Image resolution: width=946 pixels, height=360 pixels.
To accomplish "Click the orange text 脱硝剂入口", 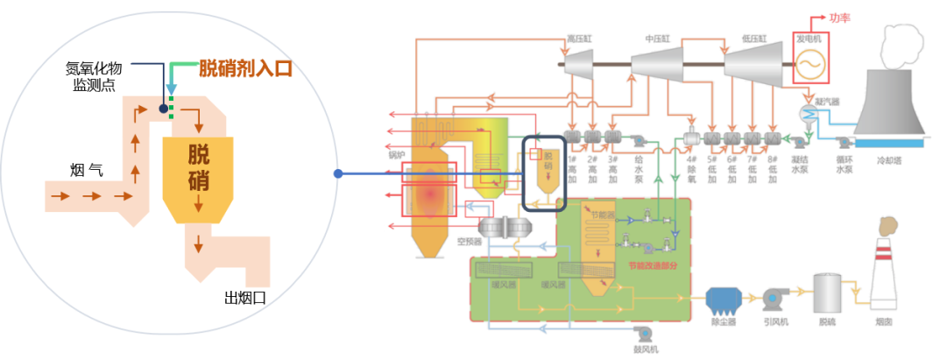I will point(244,67).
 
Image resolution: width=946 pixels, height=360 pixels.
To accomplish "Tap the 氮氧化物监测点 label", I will point(101,75).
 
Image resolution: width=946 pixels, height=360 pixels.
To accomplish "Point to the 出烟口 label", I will point(245,299).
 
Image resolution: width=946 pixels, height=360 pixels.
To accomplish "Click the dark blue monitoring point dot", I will point(163,109).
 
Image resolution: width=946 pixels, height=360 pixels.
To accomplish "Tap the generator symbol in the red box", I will point(810,61).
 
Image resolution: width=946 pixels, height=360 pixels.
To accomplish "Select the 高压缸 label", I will point(581,39).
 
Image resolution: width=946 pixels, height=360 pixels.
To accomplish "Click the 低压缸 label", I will point(753,39).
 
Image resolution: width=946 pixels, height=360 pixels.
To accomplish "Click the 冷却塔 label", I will point(891,161).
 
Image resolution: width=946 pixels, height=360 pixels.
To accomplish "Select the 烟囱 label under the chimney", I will point(884,322).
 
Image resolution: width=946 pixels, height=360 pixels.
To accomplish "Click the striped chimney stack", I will point(884,272).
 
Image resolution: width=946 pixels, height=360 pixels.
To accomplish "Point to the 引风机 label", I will point(775,322).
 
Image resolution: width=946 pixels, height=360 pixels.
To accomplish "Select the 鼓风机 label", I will point(646,349).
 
